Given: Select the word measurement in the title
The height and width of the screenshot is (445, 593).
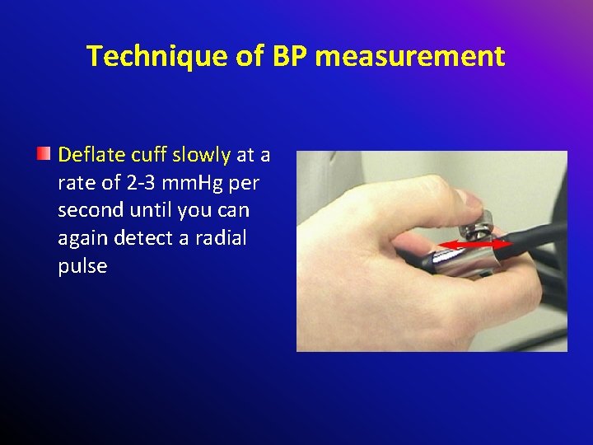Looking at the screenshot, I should [410, 56].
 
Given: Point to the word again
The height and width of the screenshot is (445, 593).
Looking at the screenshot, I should [81, 239].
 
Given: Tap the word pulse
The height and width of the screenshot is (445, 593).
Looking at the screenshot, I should [82, 266].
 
